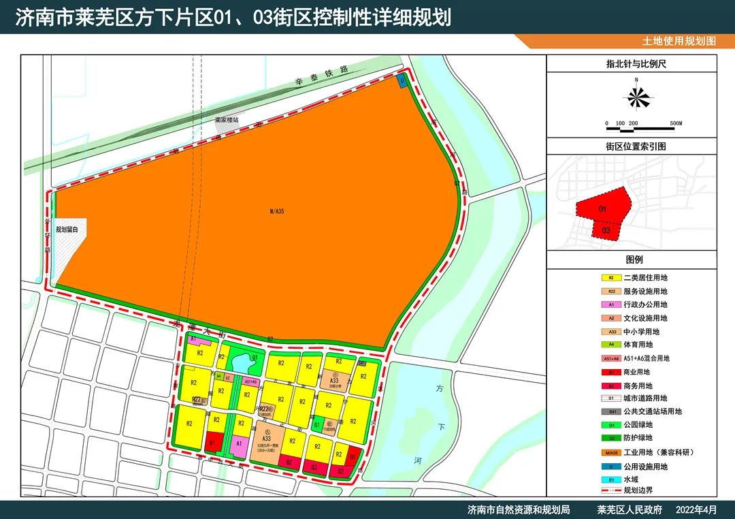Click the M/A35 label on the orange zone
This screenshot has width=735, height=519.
pos(276,212)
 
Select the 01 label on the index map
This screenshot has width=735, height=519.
pos(603,209)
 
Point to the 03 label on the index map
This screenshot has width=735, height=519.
pos(606,230)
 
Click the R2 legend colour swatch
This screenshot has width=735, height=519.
pos(611,278)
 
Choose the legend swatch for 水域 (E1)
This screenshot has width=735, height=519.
pos(611,480)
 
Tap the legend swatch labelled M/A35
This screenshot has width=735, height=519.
pos(611,453)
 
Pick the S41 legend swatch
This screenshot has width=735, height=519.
pos(611,412)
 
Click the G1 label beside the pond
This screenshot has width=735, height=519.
pos(255,358)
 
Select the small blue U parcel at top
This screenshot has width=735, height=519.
pos(402,80)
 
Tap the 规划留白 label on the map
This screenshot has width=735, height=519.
pos(67,230)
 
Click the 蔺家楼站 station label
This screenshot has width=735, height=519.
pos(227,119)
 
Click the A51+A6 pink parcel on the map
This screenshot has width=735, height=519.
pos(250,382)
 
